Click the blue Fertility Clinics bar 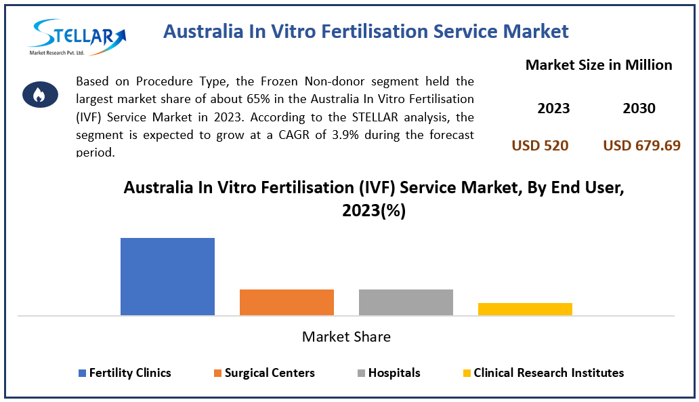coord(167,277)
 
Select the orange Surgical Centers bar coord(287,302)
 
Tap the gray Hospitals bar coord(406,302)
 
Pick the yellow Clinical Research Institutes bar coord(525,309)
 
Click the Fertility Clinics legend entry coord(125,373)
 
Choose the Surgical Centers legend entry coord(264,373)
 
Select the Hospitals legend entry coord(389,373)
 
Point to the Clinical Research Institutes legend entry coord(543,373)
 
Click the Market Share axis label coord(346,337)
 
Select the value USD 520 coord(540,145)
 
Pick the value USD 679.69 coord(641,145)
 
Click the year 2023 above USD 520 coord(553,108)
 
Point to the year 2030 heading coord(639,108)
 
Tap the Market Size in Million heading coord(599,65)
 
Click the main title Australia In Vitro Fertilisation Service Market coord(366,31)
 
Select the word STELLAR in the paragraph coord(379,117)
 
